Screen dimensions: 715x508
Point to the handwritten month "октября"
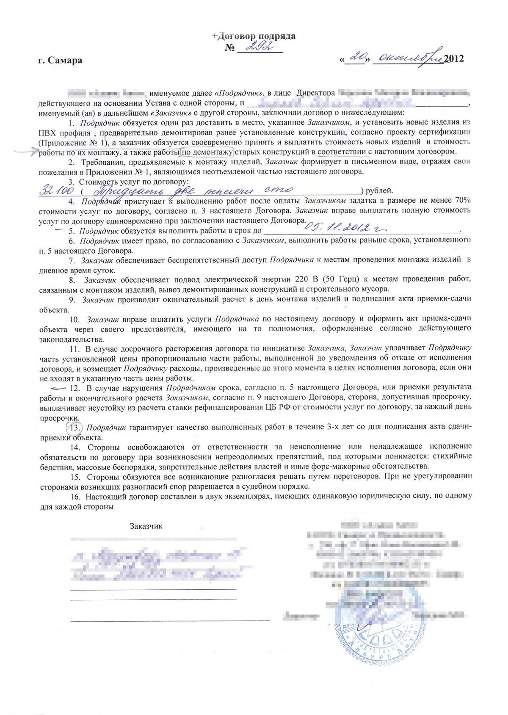(409, 58)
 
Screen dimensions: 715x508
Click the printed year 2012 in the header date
(454, 58)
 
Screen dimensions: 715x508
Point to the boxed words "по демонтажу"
(207, 152)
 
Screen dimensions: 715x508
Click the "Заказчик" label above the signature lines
(146, 526)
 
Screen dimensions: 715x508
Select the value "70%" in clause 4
(462, 200)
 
